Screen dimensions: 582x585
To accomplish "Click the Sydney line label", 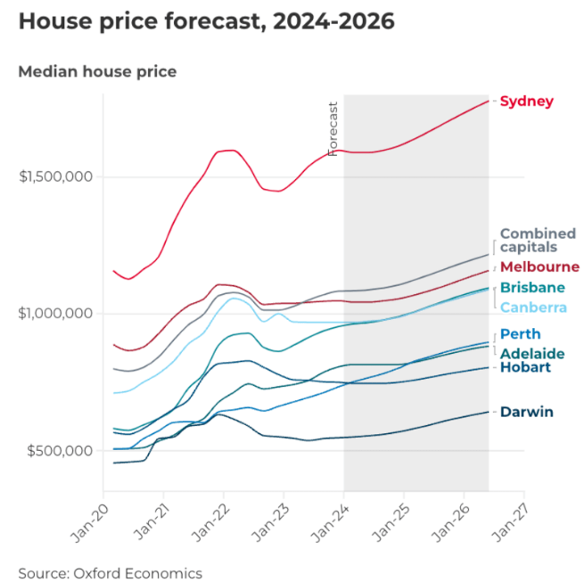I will coord(526,102).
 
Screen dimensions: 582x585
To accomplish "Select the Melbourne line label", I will coord(540,266).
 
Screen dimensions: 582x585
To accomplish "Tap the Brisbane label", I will coord(532,288).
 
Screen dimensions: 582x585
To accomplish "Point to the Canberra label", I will coord(533,308).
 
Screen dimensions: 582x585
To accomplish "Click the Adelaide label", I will coord(531,354).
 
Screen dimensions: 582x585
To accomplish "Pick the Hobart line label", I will coord(526,367).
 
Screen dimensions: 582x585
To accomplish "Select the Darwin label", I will coord(526,412).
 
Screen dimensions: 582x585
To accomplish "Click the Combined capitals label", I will coord(538,241).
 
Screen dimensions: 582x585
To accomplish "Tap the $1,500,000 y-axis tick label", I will coord(56,176).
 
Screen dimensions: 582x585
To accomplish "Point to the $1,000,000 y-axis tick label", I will coord(56,314).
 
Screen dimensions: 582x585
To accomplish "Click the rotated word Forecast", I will coord(334,129).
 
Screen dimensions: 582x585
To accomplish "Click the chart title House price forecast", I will coord(206,21).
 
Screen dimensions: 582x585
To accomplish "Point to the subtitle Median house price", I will coord(97,71).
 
